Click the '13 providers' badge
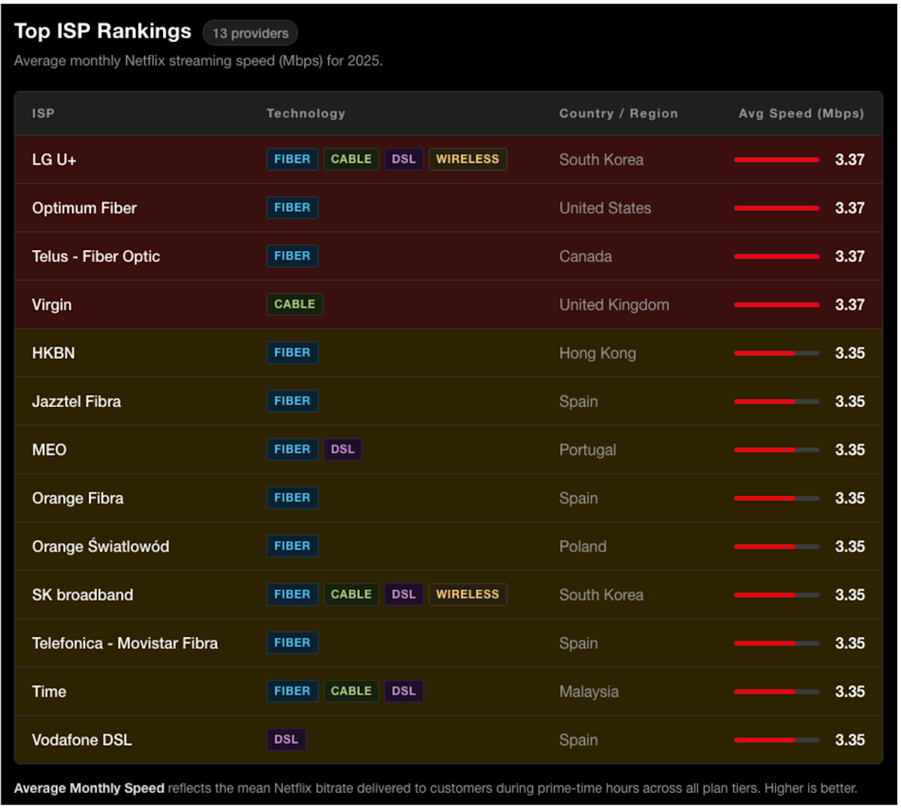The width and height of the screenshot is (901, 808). tap(250, 33)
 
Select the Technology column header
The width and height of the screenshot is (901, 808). tap(306, 113)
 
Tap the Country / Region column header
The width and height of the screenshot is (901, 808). tap(619, 113)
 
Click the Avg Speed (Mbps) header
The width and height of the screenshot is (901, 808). tap(801, 113)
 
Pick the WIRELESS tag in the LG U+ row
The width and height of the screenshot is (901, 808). tap(468, 159)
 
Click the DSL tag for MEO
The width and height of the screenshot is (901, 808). tap(343, 449)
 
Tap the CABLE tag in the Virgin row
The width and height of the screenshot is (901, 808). tap(295, 304)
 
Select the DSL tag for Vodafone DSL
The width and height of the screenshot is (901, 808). tap(286, 740)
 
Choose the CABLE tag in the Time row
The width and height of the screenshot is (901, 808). tap(351, 691)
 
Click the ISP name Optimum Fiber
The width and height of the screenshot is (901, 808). tap(85, 208)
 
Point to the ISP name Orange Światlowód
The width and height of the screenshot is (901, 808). tap(101, 546)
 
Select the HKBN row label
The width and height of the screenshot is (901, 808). tap(53, 353)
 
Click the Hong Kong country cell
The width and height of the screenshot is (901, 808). tap(598, 353)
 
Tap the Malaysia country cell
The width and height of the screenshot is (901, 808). tap(589, 692)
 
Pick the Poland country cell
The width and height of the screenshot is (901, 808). tap(583, 547)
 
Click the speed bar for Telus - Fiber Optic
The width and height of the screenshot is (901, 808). tap(777, 256)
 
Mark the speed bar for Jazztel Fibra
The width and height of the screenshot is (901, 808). tap(777, 401)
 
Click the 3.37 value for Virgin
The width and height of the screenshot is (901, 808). tap(850, 305)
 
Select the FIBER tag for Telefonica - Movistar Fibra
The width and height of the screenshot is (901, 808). tap(293, 643)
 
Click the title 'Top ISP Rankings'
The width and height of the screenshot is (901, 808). tap(103, 31)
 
